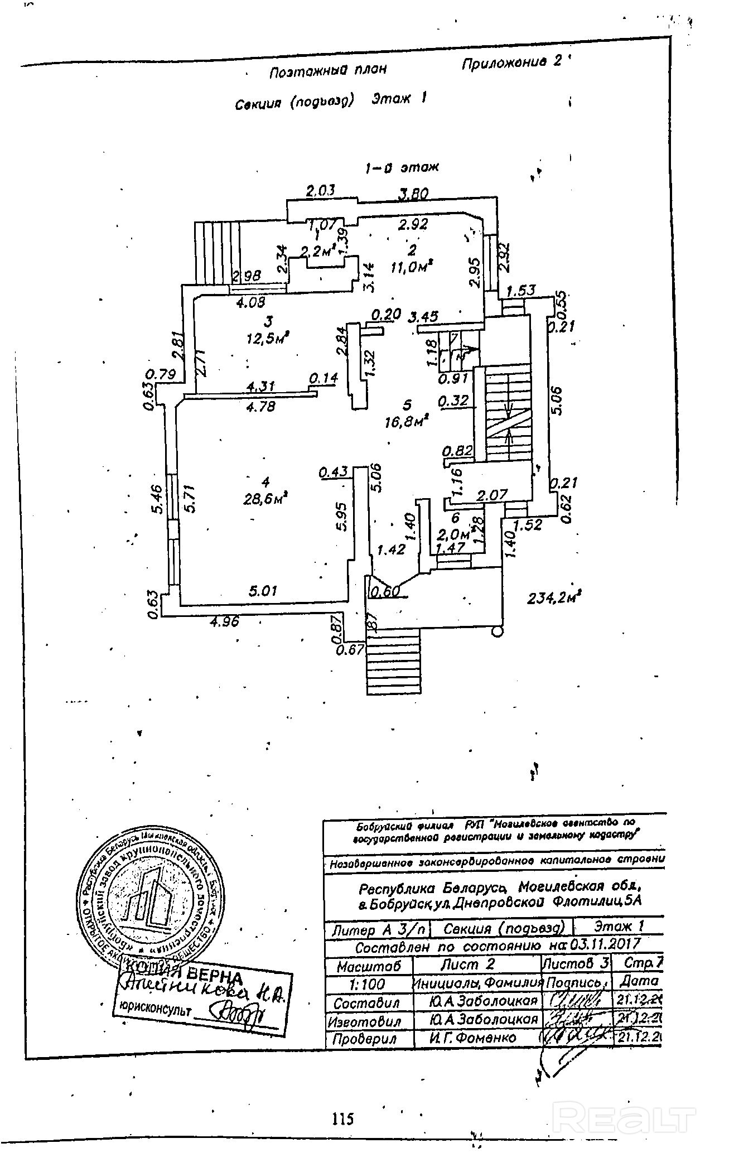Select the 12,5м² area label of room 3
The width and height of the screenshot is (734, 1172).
[268, 337]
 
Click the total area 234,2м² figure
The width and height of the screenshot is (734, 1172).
[554, 598]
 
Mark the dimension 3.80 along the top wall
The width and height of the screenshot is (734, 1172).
[413, 194]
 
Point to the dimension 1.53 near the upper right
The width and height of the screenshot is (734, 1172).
[521, 290]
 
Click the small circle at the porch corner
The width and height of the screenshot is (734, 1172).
[498, 631]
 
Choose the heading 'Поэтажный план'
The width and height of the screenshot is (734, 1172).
[328, 71]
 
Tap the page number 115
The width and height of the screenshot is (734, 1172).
[342, 1118]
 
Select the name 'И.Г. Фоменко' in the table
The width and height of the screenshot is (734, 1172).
[472, 1037]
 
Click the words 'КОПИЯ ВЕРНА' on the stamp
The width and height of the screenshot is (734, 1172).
[184, 974]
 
